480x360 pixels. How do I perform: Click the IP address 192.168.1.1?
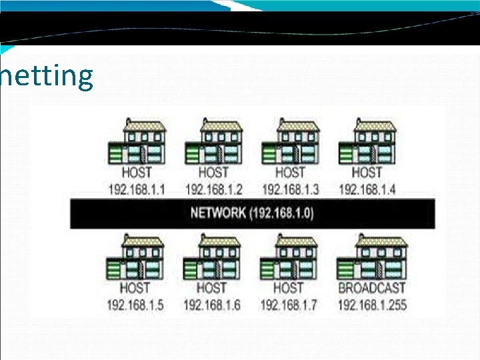pos(137,189)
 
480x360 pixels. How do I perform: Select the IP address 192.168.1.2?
pos(213,189)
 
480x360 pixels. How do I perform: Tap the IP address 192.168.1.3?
pos(291,189)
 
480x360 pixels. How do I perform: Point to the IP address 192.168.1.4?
pos(367,189)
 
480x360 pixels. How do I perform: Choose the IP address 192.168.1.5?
pos(135,305)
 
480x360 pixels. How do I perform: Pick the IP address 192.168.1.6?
pos(212,305)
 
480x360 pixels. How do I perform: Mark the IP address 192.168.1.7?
pos(289,305)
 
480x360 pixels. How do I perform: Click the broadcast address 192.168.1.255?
pos(372,305)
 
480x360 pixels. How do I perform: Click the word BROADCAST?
pos(372,289)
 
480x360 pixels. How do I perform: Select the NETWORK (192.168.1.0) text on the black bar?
pos(252,213)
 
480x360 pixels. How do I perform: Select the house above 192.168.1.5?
pos(135,258)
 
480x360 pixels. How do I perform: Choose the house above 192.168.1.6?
pos(211,258)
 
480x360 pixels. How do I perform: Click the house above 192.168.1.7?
pos(288,258)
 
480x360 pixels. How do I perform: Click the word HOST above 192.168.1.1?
pos(137,173)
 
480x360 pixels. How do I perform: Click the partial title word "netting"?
pos(47,76)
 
